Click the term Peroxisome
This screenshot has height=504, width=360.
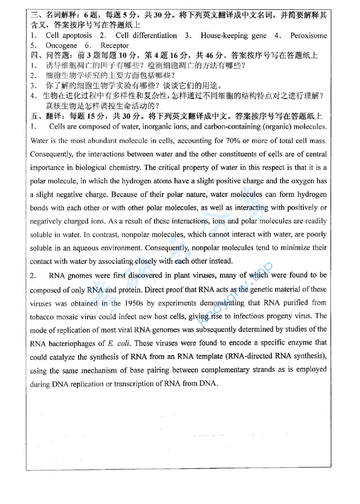click(309, 36)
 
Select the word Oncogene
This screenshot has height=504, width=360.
click(61, 46)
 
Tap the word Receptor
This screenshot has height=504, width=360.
click(114, 46)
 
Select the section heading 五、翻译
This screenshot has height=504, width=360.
click(40, 116)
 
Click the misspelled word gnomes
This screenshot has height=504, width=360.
click(79, 276)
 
